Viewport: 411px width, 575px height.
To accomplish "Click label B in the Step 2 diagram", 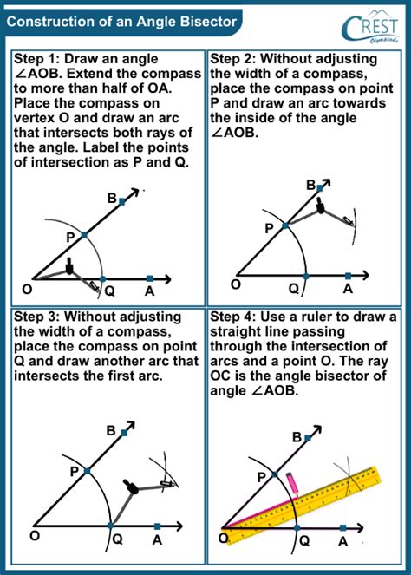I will click(x=310, y=185).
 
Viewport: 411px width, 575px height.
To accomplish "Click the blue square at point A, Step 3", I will click(x=157, y=526).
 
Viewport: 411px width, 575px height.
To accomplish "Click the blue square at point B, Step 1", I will click(x=123, y=200).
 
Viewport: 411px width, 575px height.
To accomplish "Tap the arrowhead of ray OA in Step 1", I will click(x=171, y=279).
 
